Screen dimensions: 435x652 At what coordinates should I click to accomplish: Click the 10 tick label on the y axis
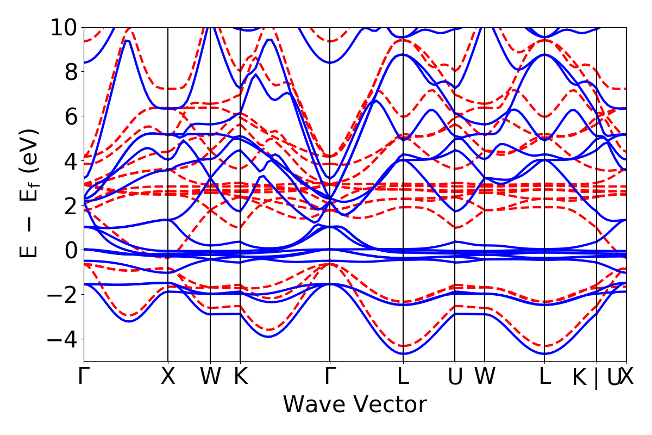(x=66, y=27)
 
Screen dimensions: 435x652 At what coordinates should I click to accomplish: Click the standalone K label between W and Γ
(x=240, y=377)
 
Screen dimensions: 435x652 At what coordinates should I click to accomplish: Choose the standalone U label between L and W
(x=455, y=377)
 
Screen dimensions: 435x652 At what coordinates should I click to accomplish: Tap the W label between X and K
(x=210, y=377)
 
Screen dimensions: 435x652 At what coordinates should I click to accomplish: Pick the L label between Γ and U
(x=403, y=377)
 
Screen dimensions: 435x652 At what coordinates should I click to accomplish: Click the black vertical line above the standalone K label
(x=240, y=163)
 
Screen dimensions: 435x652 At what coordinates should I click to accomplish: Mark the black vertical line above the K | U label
(x=597, y=163)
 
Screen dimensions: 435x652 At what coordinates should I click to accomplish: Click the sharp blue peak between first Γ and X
(x=127, y=41)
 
